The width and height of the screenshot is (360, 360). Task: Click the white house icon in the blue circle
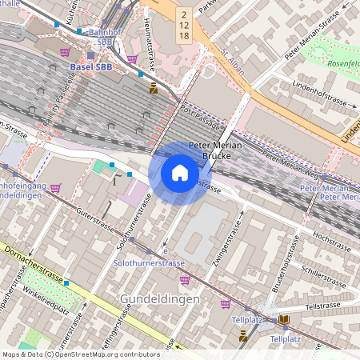coord(180,173)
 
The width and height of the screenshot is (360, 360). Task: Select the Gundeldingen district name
coord(160,298)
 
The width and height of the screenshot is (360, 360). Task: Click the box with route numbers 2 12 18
coord(183,26)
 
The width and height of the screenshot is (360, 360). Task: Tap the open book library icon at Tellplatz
coord(284,320)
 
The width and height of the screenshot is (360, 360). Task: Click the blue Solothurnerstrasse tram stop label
coord(150,263)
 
